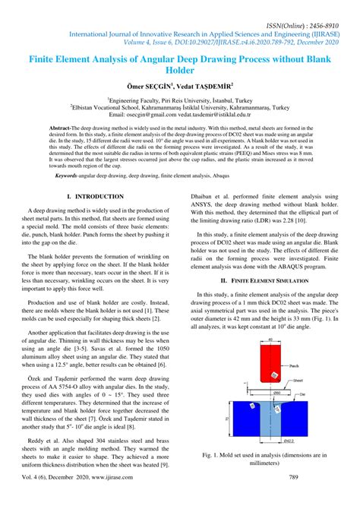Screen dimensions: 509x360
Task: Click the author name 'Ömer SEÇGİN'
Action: tap(146, 87)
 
